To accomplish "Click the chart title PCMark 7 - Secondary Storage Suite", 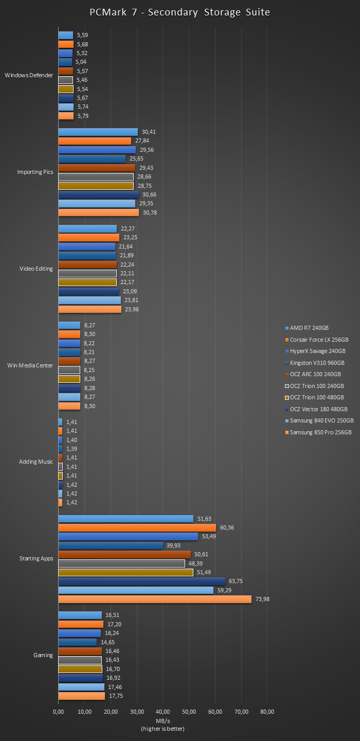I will tap(179, 12).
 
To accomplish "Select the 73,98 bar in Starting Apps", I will tap(155, 599).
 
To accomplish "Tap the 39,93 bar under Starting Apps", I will tap(111, 545).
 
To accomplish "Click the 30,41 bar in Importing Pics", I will tap(98, 132).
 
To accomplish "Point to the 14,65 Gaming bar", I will tap(77, 642).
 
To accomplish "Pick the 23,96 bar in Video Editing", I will tap(89, 309).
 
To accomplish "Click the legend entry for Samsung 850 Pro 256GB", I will tap(320, 432).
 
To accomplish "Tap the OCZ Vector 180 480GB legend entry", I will tap(318, 409).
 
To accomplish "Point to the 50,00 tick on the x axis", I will tap(189, 712).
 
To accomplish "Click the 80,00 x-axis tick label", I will tap(267, 712).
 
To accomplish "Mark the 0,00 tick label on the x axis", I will tap(58, 712).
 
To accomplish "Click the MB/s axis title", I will tap(163, 720).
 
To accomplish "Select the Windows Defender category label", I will tap(29, 75).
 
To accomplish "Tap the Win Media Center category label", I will tap(30, 365).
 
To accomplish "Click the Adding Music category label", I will tap(36, 462).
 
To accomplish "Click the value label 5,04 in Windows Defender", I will tap(81, 62).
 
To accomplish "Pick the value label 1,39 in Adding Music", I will tap(72, 449).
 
